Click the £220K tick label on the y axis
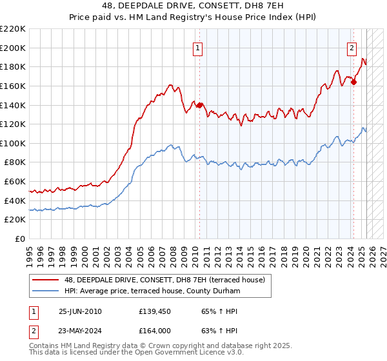pyautogui.click(x=13, y=29)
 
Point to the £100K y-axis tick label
pyautogui.click(x=13, y=143)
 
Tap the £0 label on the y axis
pyautogui.click(x=21, y=239)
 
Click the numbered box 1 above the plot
pyautogui.click(x=197, y=46)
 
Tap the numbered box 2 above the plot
pyautogui.click(x=352, y=46)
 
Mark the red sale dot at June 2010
pyautogui.click(x=199, y=105)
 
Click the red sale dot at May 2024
pyautogui.click(x=353, y=82)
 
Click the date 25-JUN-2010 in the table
pyautogui.click(x=80, y=311)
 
